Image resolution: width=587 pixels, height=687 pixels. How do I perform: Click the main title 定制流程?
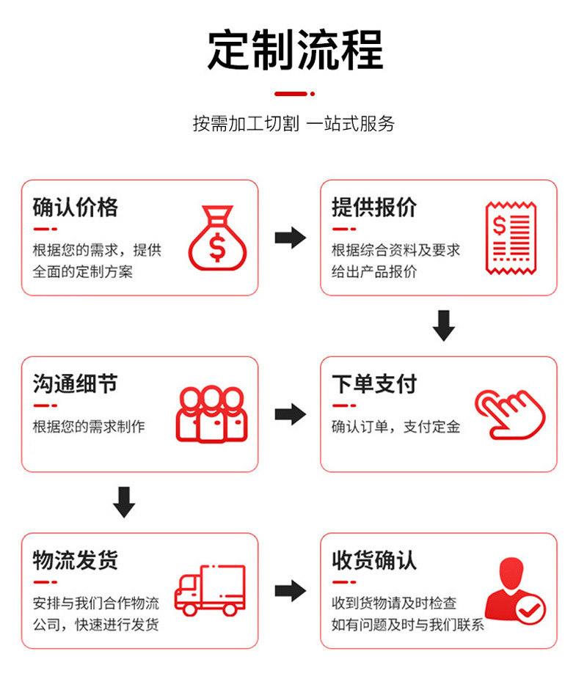coord(295,50)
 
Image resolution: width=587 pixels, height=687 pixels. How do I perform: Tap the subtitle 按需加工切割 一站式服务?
coord(293,123)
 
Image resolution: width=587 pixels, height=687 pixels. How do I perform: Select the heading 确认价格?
coord(75,207)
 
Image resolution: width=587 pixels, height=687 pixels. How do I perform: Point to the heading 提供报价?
coord(373,207)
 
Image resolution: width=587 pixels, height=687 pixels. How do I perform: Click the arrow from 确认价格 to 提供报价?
coord(290,238)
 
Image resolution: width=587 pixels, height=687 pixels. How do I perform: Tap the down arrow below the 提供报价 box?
coord(443,326)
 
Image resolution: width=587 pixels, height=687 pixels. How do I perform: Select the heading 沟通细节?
coord(75,383)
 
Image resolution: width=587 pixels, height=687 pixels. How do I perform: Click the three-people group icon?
coord(211,414)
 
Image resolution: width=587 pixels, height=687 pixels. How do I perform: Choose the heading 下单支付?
coord(373,383)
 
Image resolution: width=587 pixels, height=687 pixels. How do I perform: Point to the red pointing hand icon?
coord(511,414)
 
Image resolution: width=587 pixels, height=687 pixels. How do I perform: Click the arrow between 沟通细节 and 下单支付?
coord(290,414)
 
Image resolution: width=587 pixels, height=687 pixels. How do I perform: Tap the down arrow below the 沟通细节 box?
coord(124,502)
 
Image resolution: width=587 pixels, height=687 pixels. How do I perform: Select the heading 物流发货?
coord(75,560)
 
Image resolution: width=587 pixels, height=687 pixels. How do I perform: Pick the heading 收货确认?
coord(373,560)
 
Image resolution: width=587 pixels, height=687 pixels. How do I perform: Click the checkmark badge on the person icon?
coord(531,608)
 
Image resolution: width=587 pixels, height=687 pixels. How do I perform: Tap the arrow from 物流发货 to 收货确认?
coord(290,590)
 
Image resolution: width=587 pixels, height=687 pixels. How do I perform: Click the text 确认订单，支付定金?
coord(395,427)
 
